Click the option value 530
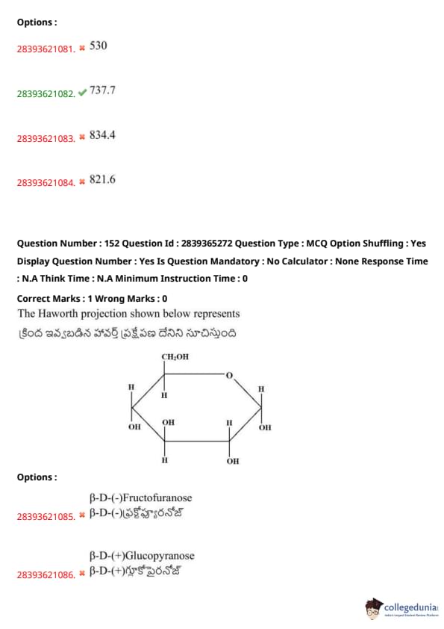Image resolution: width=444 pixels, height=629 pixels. coord(99,46)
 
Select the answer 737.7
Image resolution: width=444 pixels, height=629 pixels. coord(102,90)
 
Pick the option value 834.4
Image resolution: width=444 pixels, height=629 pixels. coord(102,134)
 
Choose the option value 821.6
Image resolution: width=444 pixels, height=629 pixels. coord(102,179)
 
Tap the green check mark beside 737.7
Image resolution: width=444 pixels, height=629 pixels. coord(82,93)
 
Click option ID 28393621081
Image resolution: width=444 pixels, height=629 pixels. coord(46,49)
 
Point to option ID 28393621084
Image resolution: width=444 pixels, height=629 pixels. coord(46,183)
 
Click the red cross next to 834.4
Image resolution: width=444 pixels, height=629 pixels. coord(82,137)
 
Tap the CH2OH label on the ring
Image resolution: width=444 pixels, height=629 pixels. coord(175,356)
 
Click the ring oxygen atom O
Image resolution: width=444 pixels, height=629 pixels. coord(229,376)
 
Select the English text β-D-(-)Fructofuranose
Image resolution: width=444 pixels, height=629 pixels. coord(140,498)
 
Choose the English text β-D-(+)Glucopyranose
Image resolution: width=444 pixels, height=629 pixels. coord(142,556)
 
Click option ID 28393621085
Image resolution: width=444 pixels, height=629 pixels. coord(46,517)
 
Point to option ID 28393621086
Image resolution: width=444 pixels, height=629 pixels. coord(46,575)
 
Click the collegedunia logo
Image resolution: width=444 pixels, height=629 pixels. coord(401,608)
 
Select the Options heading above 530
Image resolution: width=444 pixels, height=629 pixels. coord(37,22)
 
